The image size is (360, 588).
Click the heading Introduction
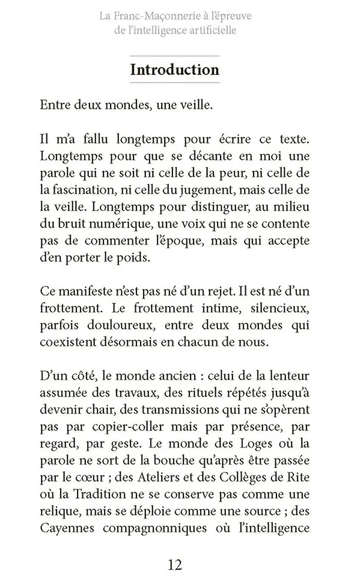[x=174, y=70]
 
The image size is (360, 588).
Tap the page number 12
[x=175, y=565]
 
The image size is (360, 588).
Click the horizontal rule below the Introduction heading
[x=174, y=83]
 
